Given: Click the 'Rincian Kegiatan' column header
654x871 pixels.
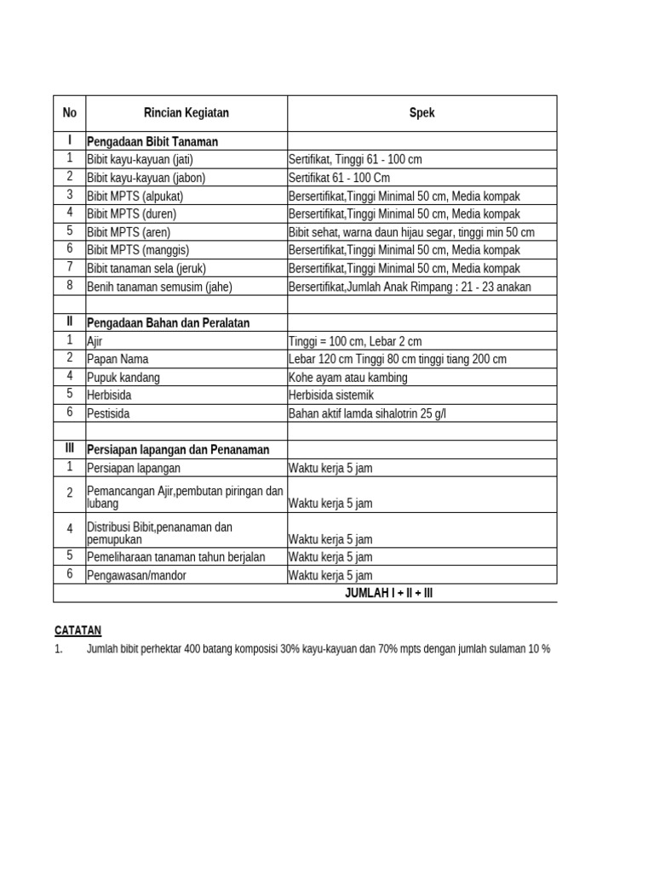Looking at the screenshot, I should click(x=186, y=113).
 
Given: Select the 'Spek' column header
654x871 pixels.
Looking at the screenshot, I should click(x=422, y=113).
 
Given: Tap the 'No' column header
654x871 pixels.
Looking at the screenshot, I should click(x=70, y=113).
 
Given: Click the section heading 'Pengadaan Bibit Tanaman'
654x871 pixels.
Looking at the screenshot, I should click(x=152, y=142).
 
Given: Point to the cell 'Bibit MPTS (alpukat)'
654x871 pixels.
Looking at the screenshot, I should click(x=135, y=196).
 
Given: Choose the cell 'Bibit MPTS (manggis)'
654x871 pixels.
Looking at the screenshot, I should click(x=138, y=251).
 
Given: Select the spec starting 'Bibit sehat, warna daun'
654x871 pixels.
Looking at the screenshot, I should click(x=411, y=232).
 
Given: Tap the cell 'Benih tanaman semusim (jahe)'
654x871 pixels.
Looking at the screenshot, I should click(x=159, y=287).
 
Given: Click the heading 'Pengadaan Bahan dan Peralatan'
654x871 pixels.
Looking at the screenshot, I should click(x=169, y=323).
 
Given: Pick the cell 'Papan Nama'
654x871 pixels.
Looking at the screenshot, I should click(x=118, y=360).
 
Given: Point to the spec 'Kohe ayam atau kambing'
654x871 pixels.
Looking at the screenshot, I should click(x=347, y=378).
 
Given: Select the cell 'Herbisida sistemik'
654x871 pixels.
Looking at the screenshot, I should click(x=331, y=396).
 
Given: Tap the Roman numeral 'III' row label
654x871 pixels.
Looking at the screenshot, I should click(x=70, y=449).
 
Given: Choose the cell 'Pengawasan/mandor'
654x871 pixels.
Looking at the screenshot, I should click(x=136, y=576).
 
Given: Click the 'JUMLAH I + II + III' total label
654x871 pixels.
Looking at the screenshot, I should click(x=389, y=594).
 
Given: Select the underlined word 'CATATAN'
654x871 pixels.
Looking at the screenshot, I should click(x=77, y=630).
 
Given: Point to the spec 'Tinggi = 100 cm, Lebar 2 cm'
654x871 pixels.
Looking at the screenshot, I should click(x=355, y=342).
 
